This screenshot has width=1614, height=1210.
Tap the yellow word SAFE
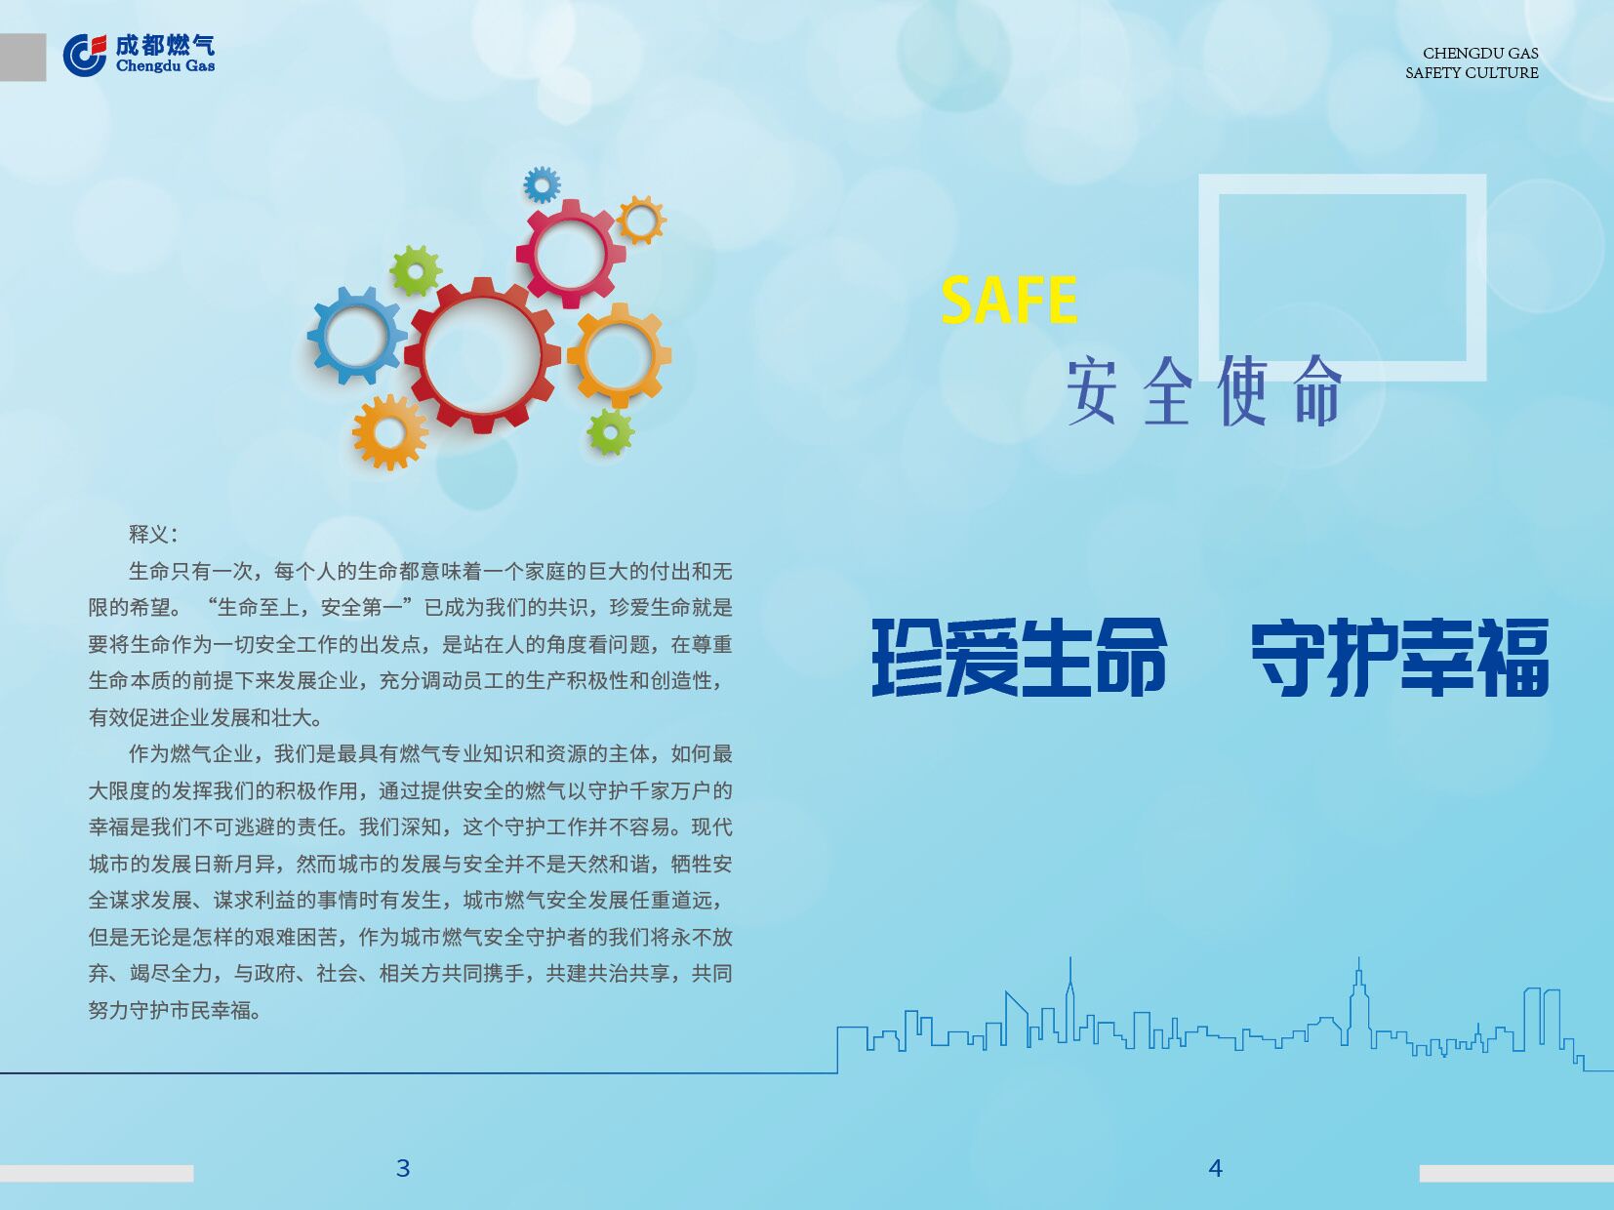coord(1009,300)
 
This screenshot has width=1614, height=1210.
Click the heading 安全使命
coord(1204,391)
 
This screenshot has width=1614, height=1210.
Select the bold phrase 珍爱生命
coord(1019,657)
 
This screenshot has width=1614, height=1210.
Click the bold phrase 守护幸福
coord(1400,657)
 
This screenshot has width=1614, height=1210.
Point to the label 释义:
coord(153,535)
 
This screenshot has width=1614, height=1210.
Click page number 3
coord(403,1168)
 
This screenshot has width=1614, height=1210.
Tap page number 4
coord(1215,1168)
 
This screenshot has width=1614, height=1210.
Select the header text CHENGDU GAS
coord(1480,53)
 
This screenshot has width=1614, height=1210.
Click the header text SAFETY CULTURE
coord(1472,72)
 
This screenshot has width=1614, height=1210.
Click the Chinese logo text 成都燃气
coord(165,46)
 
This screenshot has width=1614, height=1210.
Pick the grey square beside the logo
coord(22,58)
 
